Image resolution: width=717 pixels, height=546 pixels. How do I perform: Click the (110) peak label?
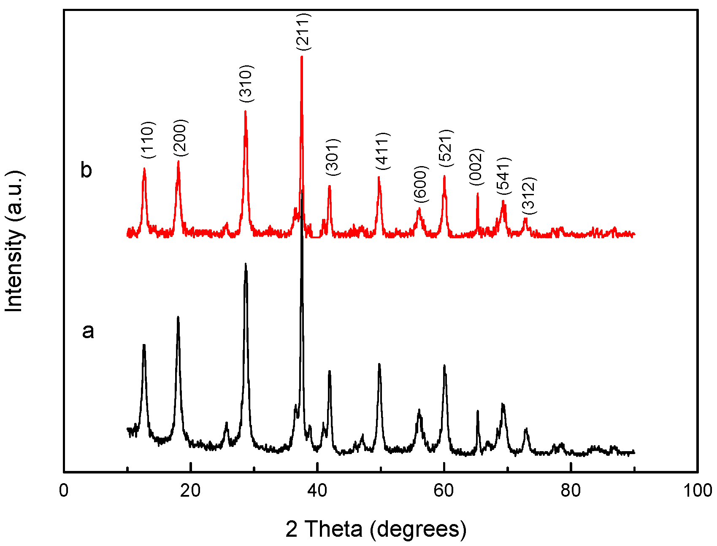tap(149, 140)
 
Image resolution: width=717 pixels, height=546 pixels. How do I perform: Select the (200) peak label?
tap(180, 137)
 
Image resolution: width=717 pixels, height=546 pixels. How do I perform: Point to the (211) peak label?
tap(303, 32)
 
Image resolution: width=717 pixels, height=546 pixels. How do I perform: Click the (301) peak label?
tap(333, 157)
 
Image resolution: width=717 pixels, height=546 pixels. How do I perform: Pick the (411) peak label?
tap(383, 151)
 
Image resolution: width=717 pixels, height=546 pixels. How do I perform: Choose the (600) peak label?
tap(421, 184)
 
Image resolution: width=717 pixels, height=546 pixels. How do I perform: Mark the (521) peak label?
tap(445, 148)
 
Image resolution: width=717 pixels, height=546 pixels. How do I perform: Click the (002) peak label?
tap(476, 167)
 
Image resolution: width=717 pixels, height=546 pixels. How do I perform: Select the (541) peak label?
tap(504, 175)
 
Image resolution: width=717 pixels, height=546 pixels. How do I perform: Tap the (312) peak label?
tap(528, 195)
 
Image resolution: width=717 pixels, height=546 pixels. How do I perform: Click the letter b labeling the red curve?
tap(86, 170)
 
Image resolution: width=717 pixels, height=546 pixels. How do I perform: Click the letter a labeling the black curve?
tap(88, 331)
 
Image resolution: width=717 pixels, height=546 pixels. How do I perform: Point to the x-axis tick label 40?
tap(317, 491)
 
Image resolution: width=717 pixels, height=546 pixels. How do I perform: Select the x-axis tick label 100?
tap(697, 491)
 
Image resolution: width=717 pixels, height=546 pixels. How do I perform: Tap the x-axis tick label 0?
tap(64, 491)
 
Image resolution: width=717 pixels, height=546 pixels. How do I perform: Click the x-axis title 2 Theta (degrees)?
tap(376, 529)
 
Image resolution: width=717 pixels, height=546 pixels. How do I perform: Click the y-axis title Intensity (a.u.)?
tap(14, 242)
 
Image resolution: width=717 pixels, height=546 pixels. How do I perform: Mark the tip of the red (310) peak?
tap(245, 111)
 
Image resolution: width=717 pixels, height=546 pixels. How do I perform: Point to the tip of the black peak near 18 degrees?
tap(178, 317)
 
